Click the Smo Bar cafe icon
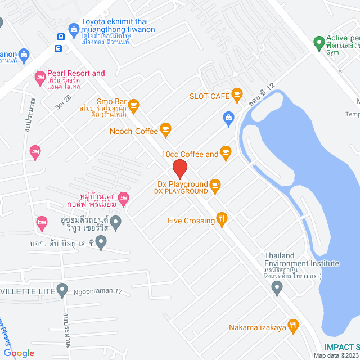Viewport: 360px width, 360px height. click(x=133, y=104)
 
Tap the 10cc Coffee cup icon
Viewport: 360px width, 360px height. click(x=226, y=151)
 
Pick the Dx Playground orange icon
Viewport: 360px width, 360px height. click(x=215, y=184)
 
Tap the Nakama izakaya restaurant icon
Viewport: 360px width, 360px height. click(x=292, y=325)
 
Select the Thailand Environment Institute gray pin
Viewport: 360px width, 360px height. click(x=276, y=288)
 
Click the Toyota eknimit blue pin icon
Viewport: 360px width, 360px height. click(x=73, y=29)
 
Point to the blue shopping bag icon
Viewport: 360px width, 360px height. click(x=228, y=117)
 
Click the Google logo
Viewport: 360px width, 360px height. click(x=18, y=353)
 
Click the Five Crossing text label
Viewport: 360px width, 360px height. click(x=191, y=220)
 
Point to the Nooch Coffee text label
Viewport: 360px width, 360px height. click(x=134, y=131)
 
